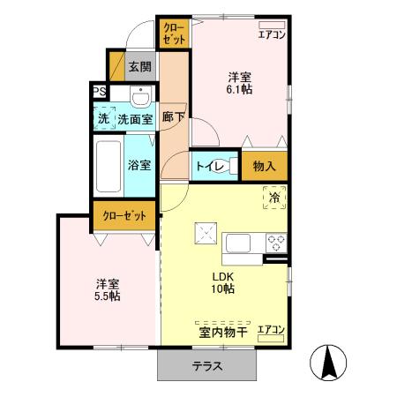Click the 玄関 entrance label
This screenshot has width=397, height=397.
coord(139,66)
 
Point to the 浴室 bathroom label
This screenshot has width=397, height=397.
coord(139,165)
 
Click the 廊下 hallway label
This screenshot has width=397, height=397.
coord(174,116)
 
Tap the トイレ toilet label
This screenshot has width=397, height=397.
coord(208,165)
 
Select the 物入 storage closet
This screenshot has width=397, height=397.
coord(265,165)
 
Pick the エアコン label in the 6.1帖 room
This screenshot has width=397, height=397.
coord(271,35)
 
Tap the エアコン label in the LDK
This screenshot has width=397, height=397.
coord(271,330)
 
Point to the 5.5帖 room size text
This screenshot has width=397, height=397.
coord(109,296)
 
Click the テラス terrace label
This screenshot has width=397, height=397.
coord(208,367)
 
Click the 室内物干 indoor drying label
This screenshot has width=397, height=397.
coord(220,332)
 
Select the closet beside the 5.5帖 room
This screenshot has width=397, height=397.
coord(125,215)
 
